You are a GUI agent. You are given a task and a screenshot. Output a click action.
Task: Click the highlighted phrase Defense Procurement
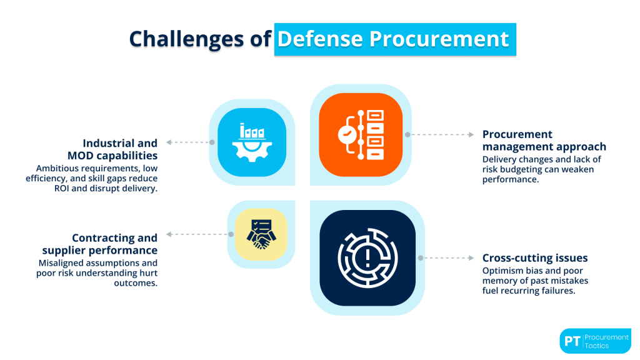[x=393, y=39]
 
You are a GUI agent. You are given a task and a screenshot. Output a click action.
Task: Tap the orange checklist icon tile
[x=361, y=135]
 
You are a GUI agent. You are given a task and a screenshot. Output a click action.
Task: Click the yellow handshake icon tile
[x=261, y=234]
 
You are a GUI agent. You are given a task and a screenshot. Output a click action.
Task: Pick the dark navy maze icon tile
[x=367, y=257]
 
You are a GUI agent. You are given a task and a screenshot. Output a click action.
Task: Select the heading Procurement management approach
[x=544, y=141]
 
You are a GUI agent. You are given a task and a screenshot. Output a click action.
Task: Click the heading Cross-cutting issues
[x=534, y=257]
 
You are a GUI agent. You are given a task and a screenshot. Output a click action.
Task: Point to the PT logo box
[x=571, y=341]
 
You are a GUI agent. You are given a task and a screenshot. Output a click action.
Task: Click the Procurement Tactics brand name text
[x=607, y=341]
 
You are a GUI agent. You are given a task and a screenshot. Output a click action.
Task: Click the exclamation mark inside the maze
[x=367, y=256]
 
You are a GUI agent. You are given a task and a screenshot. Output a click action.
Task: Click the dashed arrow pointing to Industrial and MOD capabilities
[x=187, y=142]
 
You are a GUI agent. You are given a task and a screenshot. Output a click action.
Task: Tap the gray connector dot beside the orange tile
[x=407, y=134]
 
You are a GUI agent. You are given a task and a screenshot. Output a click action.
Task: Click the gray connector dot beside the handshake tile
[x=231, y=235]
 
